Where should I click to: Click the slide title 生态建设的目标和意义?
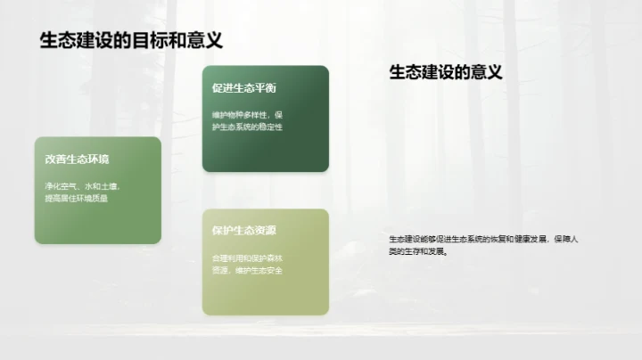130,40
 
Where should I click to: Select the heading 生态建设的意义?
446,73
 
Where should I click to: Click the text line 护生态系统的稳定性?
247,128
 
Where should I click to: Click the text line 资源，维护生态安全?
247,270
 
